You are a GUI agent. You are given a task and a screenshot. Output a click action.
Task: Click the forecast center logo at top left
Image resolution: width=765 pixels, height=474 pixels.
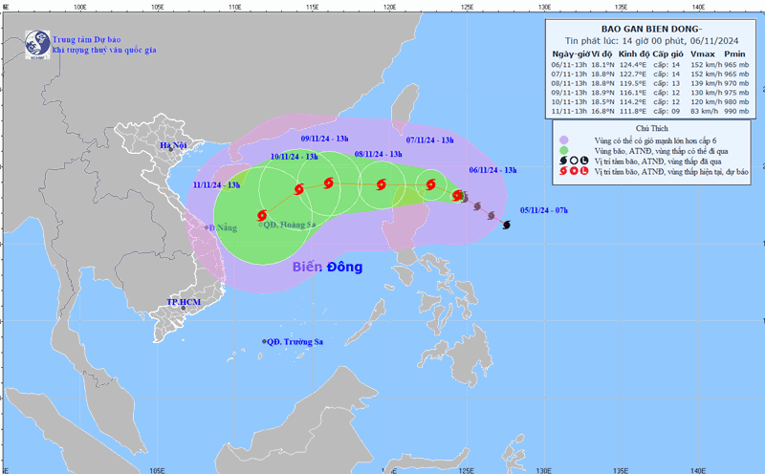[x=37, y=43]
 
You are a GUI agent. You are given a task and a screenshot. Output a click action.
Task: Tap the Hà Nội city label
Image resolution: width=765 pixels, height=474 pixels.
[x=175, y=145]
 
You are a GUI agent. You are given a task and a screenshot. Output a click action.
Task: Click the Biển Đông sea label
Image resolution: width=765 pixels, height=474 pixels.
[x=327, y=267]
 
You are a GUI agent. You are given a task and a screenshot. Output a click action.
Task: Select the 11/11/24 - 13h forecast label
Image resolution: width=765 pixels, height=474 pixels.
[x=216, y=184]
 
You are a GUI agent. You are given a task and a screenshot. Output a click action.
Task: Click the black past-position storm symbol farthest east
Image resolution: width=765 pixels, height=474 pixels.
[x=506, y=226]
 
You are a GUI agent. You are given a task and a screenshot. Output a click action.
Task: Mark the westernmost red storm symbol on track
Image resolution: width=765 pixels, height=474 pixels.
[x=262, y=216]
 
